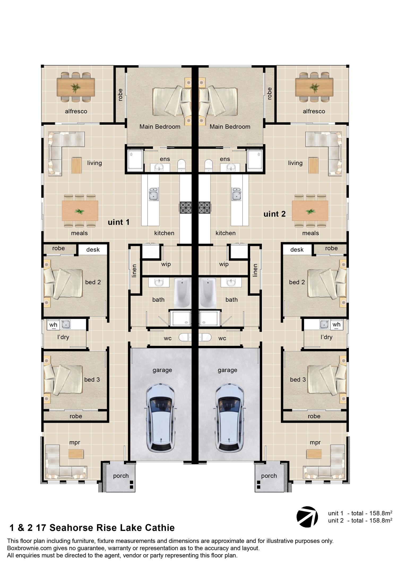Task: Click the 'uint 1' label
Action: [119, 222]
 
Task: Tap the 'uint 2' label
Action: [274, 214]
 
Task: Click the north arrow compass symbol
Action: [307, 516]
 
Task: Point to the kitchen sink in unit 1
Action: [154, 194]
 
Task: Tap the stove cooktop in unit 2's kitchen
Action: [205, 208]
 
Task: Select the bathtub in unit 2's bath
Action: [207, 293]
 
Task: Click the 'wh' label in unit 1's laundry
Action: [53, 325]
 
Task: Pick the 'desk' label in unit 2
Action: [297, 250]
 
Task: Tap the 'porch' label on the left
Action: [121, 476]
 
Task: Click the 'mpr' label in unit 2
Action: [315, 443]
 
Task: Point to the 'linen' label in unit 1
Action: [134, 271]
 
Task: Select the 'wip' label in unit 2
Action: [224, 264]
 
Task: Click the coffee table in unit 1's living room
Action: [76, 166]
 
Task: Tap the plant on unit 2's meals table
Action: [310, 211]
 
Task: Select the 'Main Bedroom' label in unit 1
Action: [160, 127]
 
